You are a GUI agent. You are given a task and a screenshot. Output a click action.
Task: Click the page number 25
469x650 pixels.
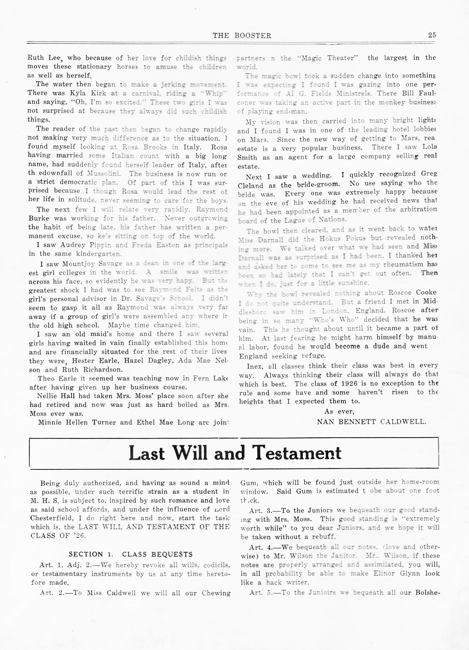tap(432, 35)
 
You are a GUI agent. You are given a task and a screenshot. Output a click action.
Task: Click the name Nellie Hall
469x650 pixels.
tap(52, 396)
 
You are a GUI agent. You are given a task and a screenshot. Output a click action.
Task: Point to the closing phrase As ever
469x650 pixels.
tap(339, 412)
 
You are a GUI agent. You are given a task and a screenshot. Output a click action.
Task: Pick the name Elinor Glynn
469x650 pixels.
tap(396, 574)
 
